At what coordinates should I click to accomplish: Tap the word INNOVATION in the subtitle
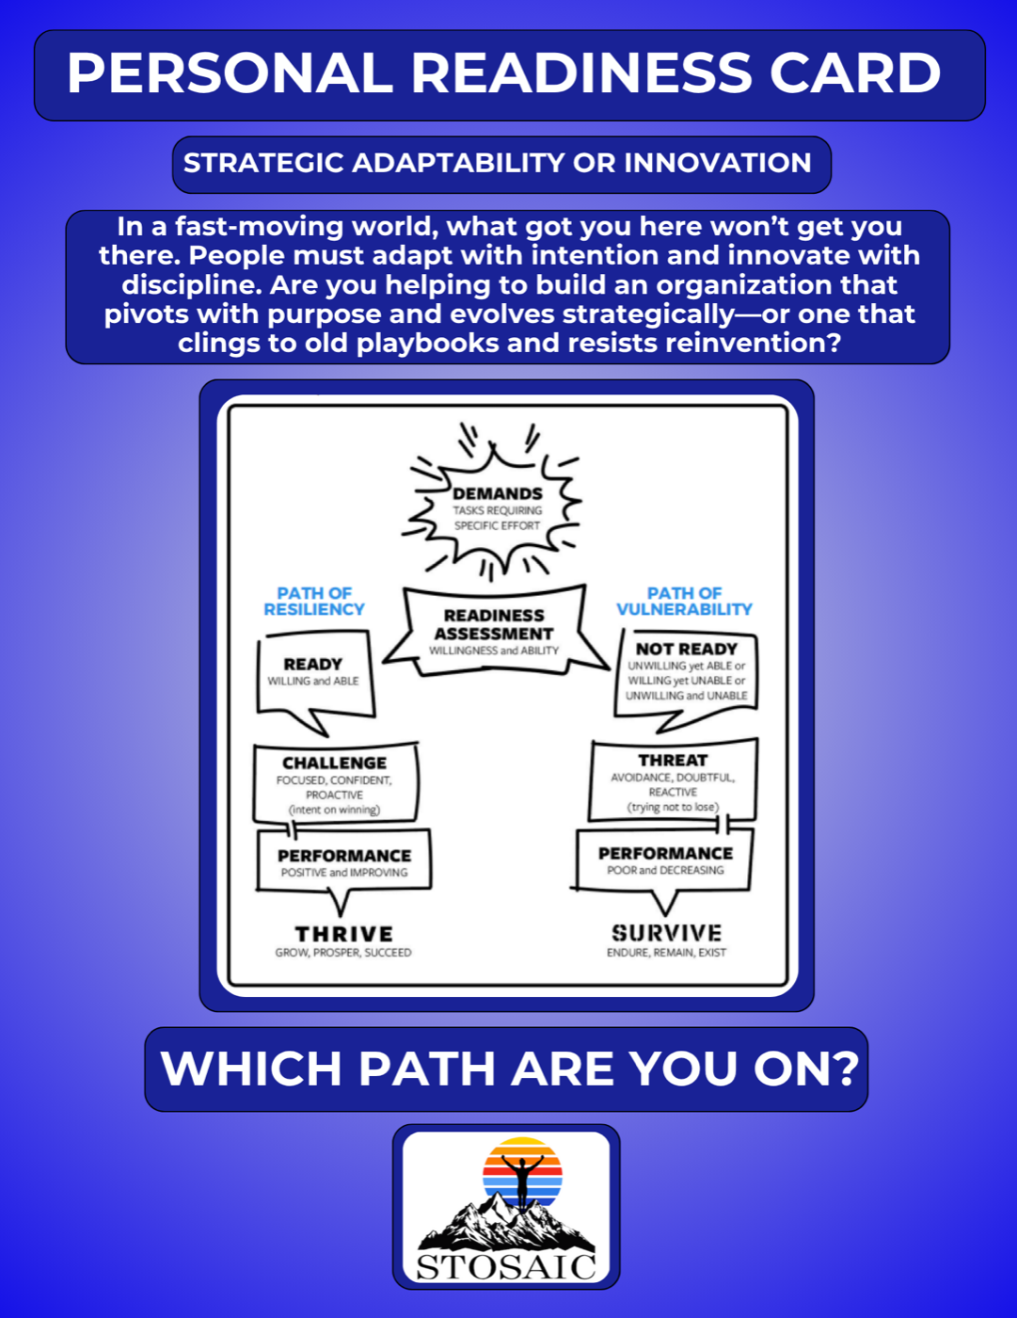click(718, 163)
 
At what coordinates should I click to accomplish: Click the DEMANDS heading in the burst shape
click(498, 493)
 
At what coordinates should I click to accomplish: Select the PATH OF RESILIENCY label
click(314, 601)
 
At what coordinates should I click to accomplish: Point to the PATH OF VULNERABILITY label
click(684, 601)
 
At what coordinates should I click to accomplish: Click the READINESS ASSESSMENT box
click(495, 631)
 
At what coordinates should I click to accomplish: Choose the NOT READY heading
click(686, 649)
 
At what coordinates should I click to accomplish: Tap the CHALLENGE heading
click(335, 763)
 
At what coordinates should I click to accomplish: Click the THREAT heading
click(673, 760)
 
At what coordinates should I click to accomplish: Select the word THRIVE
click(343, 934)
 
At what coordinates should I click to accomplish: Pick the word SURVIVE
click(667, 933)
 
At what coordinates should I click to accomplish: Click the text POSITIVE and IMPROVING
click(344, 872)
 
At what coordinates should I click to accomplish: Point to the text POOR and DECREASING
click(665, 870)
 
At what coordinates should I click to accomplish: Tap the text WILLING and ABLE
click(313, 682)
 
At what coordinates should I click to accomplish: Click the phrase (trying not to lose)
click(673, 807)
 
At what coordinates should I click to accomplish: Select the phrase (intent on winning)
click(335, 810)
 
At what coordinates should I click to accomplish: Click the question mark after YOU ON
click(844, 1069)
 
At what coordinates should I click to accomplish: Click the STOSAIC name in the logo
click(507, 1266)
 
